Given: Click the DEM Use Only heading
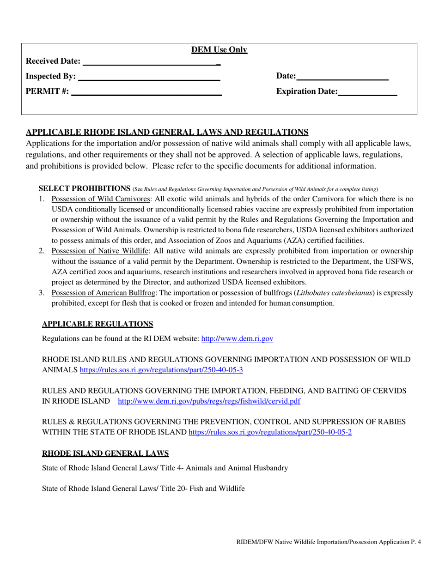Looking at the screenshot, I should click(x=219, y=50).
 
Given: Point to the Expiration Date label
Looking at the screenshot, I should click(x=307, y=91).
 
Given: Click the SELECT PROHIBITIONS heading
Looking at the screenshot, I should click(x=85, y=188).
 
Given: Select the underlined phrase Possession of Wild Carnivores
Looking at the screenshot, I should click(x=101, y=199).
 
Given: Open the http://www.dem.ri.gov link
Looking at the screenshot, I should click(x=237, y=338).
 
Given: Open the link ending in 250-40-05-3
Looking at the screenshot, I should click(x=162, y=370).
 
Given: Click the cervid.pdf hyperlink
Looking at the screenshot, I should click(x=209, y=401).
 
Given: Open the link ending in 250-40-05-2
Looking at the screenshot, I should click(x=270, y=432).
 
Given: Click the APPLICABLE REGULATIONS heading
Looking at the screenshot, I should click(x=98, y=324).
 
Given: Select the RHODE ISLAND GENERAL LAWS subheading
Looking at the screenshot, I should click(x=105, y=453).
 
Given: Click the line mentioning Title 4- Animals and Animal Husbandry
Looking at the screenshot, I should click(x=165, y=468).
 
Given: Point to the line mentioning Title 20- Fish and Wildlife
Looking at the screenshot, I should click(x=143, y=488).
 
